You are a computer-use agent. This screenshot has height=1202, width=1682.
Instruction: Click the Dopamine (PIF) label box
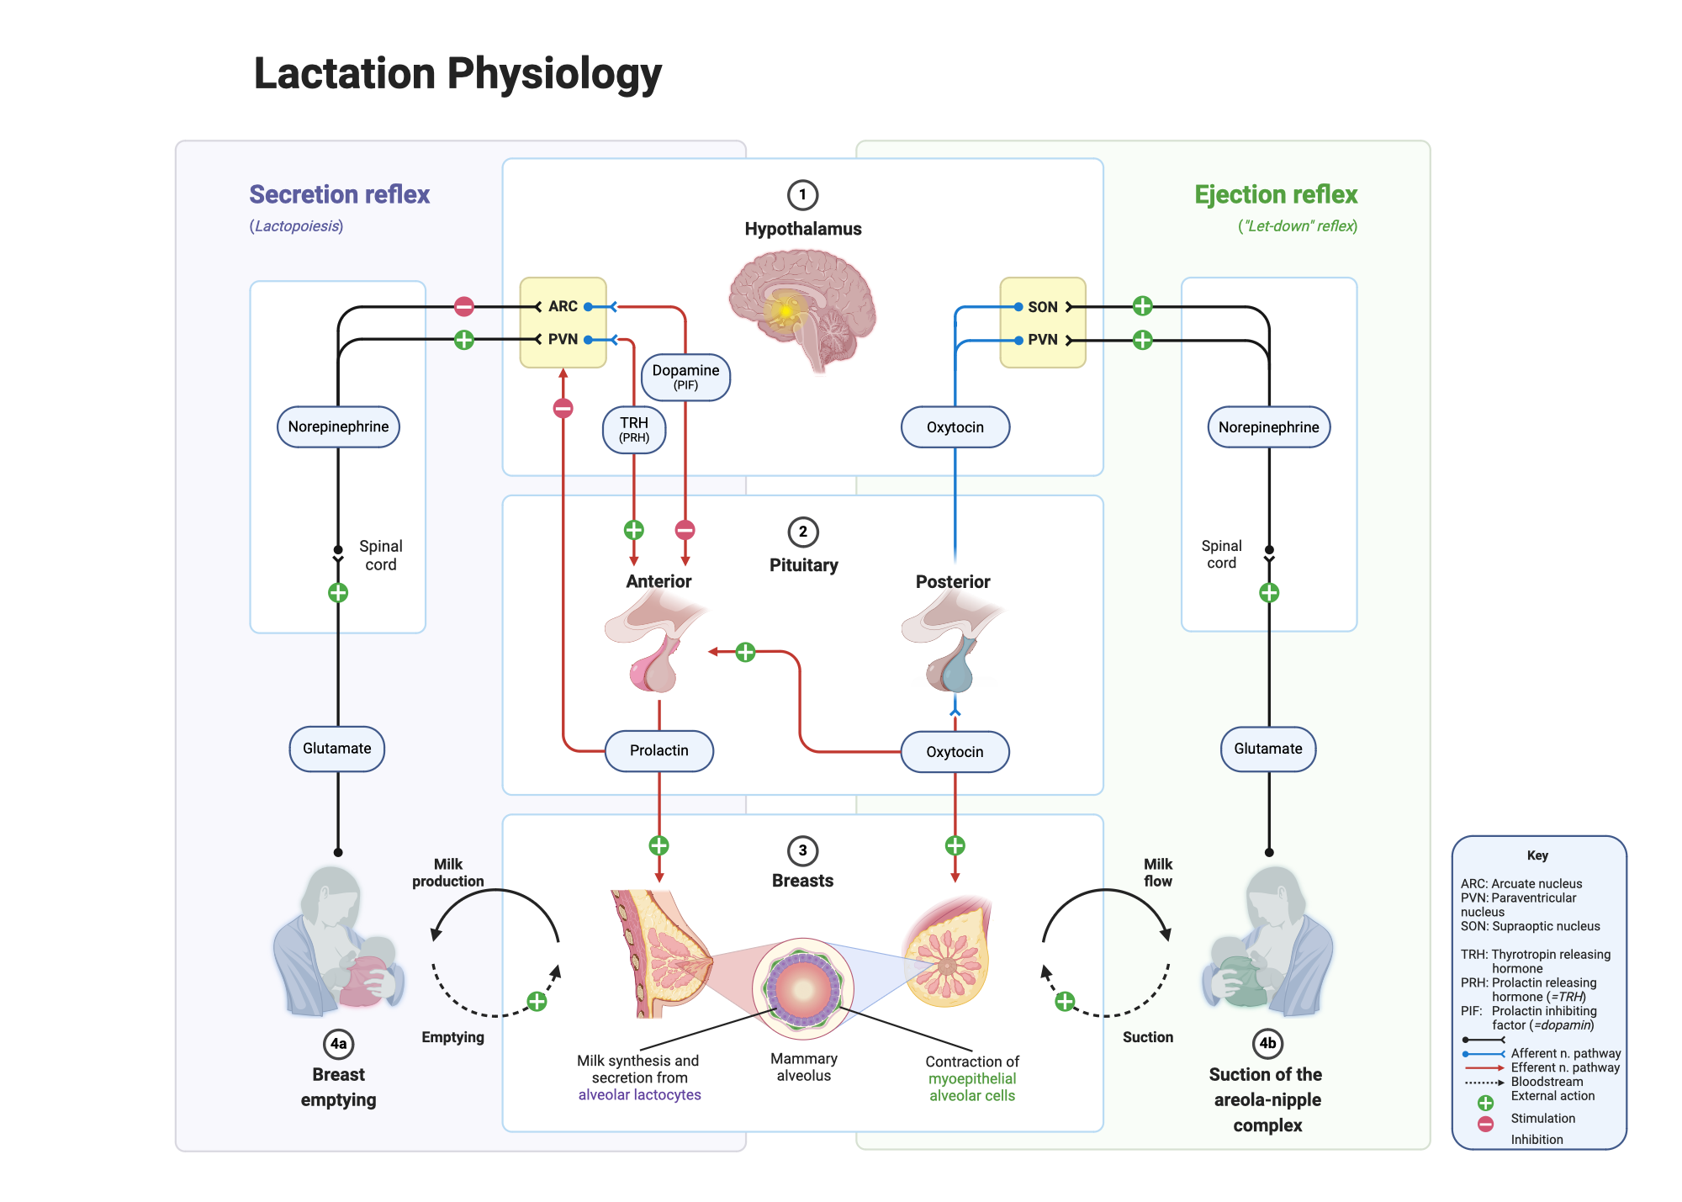pos(685,377)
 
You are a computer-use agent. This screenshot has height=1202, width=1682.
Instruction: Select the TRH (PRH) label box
pos(634,429)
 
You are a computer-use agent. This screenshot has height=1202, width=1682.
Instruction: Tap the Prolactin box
pos(659,750)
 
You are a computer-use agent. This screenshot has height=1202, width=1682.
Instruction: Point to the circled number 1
pos(802,195)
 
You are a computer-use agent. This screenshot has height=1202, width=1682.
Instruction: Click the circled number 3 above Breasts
pos(802,850)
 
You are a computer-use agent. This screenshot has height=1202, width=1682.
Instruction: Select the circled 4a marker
pos(338,1044)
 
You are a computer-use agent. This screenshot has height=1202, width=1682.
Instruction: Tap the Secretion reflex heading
pos(339,194)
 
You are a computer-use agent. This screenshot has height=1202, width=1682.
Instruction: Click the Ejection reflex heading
pos(1275,194)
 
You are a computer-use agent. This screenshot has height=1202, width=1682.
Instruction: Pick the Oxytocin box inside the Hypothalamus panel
pos(955,427)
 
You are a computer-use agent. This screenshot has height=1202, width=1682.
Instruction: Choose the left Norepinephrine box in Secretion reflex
pos(338,426)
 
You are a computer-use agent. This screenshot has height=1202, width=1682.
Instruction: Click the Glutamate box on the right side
pos(1267,749)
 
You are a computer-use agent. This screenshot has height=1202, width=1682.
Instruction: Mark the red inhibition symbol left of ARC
pos(463,306)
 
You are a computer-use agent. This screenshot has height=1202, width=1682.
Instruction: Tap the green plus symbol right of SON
pos(1141,306)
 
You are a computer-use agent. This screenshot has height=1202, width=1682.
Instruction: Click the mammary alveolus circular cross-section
pos(803,988)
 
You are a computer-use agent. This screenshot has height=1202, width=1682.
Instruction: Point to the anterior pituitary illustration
pos(656,643)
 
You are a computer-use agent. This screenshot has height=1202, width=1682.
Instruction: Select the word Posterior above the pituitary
pos(952,581)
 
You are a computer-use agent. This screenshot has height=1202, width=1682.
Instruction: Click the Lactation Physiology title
pos(458,73)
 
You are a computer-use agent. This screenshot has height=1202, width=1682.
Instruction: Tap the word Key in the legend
pos(1537,855)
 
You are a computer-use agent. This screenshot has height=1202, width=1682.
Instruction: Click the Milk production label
pos(447,872)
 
